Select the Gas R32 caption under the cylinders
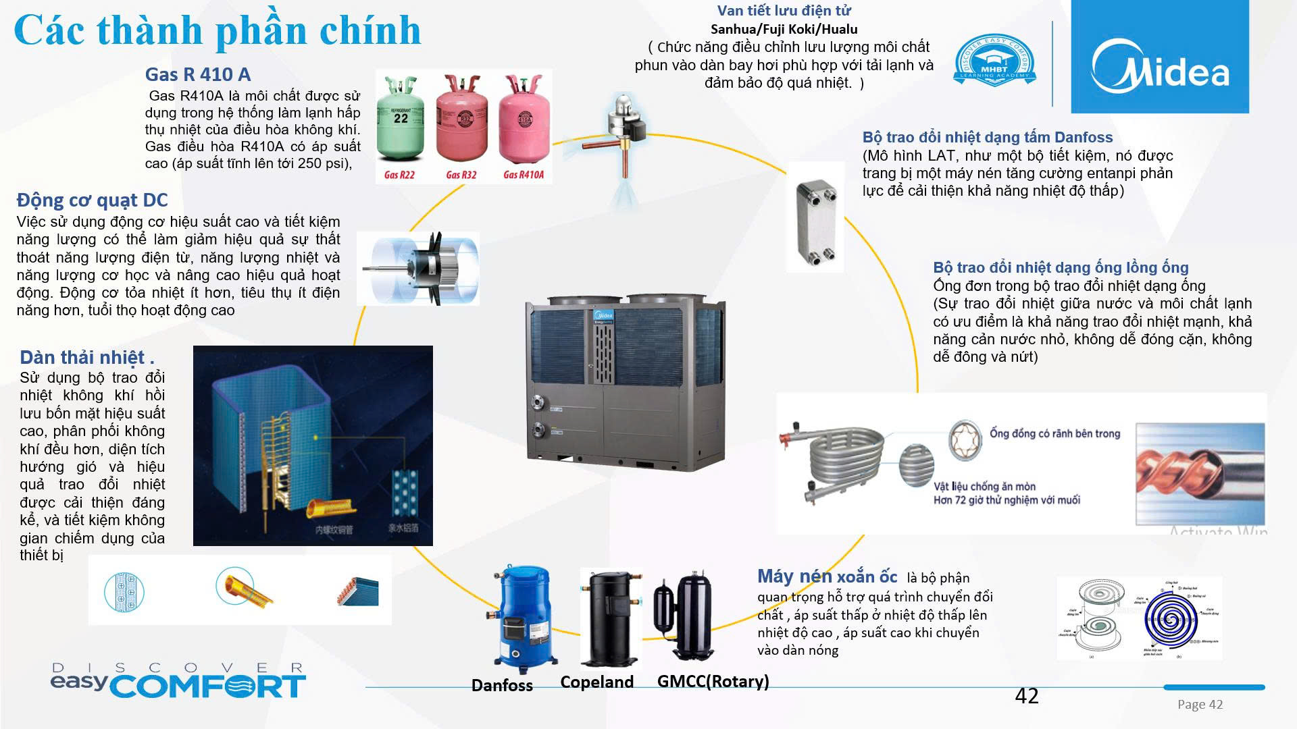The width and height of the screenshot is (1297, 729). click(461, 175)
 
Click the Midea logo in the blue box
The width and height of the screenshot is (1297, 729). click(1160, 66)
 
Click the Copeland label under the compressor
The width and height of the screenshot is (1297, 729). click(596, 682)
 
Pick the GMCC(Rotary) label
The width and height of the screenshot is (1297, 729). click(713, 681)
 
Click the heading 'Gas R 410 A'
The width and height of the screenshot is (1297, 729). click(197, 74)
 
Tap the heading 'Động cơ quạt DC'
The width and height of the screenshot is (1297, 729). click(92, 200)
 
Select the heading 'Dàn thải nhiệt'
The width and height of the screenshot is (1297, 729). click(86, 357)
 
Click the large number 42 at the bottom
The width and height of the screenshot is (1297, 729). click(1026, 696)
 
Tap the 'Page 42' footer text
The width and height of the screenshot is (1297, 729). click(1200, 705)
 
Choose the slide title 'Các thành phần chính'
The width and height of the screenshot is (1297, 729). click(217, 30)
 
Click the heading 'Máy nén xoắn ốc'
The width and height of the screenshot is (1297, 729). click(827, 576)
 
